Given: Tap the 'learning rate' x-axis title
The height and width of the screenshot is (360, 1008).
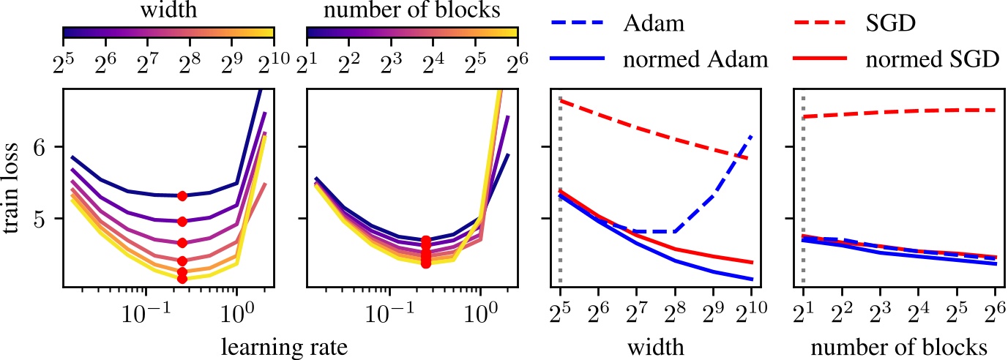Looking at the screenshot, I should click(291, 345).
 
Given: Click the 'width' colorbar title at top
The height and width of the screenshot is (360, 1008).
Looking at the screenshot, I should click(168, 12).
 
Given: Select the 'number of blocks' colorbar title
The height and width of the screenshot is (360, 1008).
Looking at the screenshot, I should click(412, 12).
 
